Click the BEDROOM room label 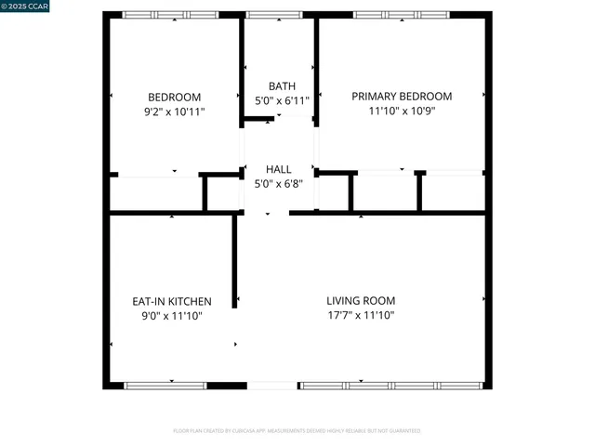pos(174,97)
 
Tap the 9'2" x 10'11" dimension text pos(174,111)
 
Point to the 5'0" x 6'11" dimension pos(282,100)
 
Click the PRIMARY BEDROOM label pos(402,96)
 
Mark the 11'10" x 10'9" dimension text pos(402,111)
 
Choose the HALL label pos(278,169)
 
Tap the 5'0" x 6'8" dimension pos(278,183)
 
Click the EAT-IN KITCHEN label pos(171,301)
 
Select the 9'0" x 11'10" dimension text pos(171,316)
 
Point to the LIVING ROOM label pos(361,300)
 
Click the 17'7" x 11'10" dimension pos(361,315)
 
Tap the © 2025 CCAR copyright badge pos(25,7)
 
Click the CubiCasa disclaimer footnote pos(297,431)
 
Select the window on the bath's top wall pos(268,15)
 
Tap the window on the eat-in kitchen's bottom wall pos(165,385)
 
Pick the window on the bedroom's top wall pos(171,15)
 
